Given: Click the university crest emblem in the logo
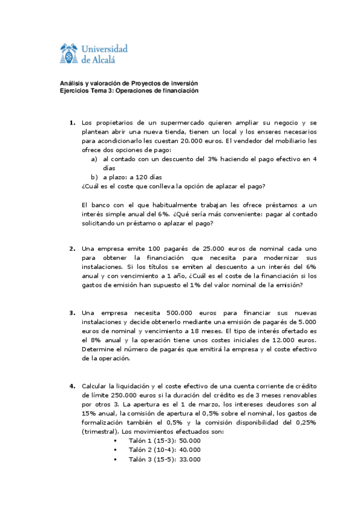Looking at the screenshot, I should tap(70, 54).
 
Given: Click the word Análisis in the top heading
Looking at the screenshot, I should tap(72, 83).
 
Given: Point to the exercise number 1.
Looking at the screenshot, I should tap(72, 123).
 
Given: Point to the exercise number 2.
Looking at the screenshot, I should tap(72, 248).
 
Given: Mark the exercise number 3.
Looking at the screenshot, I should tap(72, 313).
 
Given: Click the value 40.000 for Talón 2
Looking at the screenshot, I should tap(190, 449).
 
